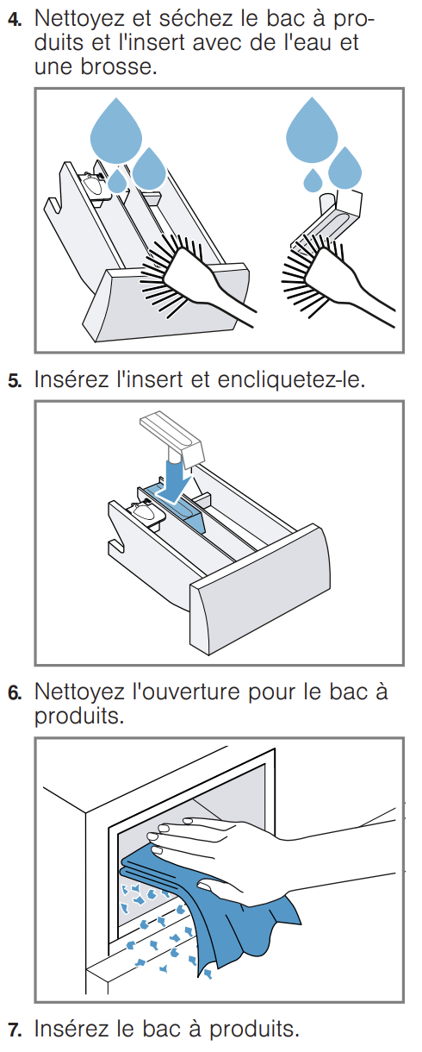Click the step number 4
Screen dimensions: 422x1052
point(14,20)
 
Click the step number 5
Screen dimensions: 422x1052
point(14,381)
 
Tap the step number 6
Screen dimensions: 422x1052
point(14,693)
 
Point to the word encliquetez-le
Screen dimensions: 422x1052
point(291,379)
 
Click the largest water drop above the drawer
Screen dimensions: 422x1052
point(115,130)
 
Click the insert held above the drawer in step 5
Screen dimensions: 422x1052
point(172,435)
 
